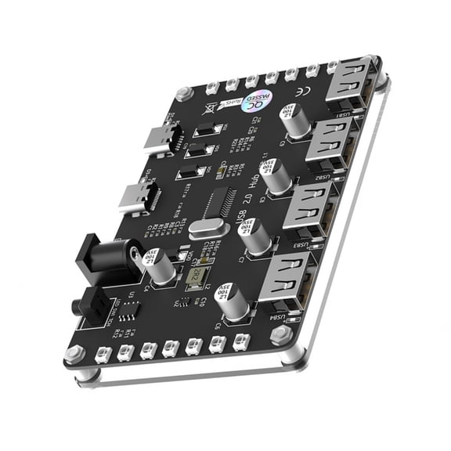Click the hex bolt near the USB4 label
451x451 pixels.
(280, 335)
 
